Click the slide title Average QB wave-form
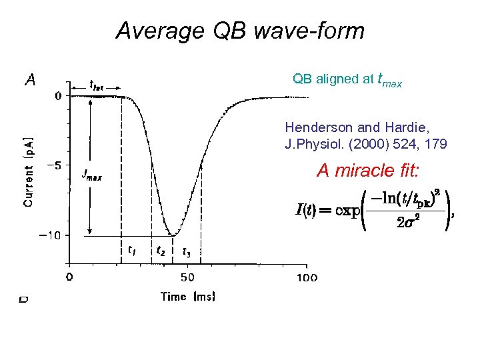coord(240,31)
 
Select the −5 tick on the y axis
coord(54,165)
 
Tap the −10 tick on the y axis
coord(51,235)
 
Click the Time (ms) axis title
coord(188,297)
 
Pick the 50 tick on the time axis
coord(188,277)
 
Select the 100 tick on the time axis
coord(306,277)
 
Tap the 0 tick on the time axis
coord(70,277)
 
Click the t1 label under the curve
coord(132,251)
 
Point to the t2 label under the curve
coord(161,251)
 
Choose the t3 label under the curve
coord(187,251)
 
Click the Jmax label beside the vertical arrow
coord(91,175)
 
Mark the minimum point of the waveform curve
coord(173,235)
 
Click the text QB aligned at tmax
coord(347,79)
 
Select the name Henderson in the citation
coord(313,127)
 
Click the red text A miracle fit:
coord(368,171)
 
